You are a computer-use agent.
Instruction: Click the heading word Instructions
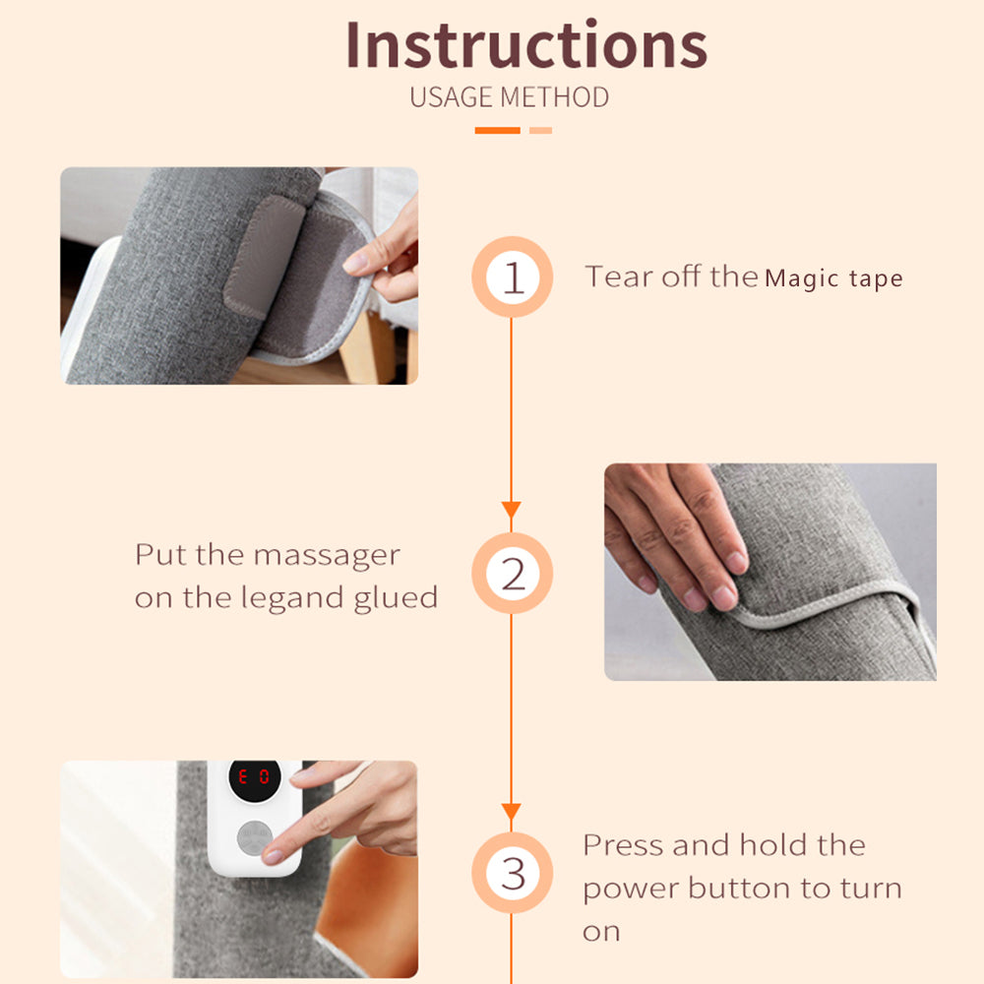click(x=526, y=44)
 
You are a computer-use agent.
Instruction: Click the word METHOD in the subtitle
click(x=555, y=97)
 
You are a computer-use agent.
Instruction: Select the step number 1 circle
click(x=512, y=277)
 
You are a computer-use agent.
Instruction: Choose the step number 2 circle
click(x=512, y=573)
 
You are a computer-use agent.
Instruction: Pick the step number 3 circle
click(x=512, y=872)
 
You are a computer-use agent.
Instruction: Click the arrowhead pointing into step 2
click(x=512, y=509)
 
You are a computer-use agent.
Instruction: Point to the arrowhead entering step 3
click(x=512, y=811)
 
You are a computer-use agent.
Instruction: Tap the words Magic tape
click(x=834, y=278)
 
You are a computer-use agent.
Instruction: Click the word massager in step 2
click(x=327, y=556)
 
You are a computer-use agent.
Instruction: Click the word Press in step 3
click(x=624, y=844)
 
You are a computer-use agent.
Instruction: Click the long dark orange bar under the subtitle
click(x=498, y=131)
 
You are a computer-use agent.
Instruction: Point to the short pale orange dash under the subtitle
click(x=540, y=131)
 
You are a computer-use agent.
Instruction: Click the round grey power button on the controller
click(x=254, y=838)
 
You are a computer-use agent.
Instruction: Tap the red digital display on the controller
click(x=254, y=777)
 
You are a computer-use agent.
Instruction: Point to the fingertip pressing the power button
click(x=273, y=856)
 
